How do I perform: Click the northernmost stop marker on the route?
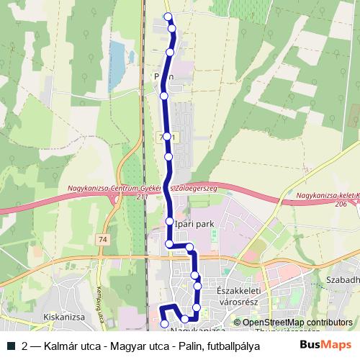pyautogui.click(x=168, y=17)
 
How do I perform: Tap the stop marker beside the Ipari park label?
pyautogui.click(x=169, y=221)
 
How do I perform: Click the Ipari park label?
pyautogui.click(x=194, y=225)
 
